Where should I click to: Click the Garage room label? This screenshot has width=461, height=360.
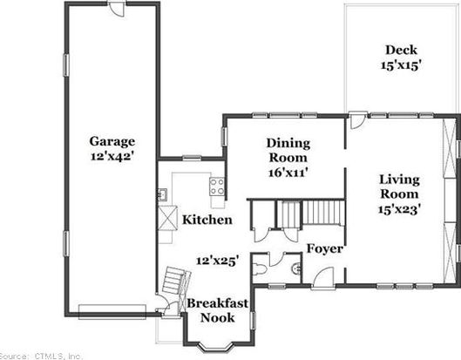(112, 142)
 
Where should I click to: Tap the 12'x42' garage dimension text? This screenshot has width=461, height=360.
(112, 156)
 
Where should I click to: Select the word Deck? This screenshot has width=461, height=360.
(401, 50)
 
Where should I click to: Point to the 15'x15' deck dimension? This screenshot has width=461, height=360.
(399, 65)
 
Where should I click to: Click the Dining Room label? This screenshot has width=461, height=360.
(288, 150)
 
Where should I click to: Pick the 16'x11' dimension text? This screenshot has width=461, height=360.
(288, 172)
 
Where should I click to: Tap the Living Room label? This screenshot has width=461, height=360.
(399, 187)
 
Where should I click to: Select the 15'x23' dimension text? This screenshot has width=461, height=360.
(399, 209)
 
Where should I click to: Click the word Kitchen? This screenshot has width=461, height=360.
(207, 220)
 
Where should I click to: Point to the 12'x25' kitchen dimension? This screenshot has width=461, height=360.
(217, 261)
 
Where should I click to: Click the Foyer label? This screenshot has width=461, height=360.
(325, 248)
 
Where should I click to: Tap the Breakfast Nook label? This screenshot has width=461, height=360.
(218, 310)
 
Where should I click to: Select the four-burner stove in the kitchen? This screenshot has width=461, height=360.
(217, 187)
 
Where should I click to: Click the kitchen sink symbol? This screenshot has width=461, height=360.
(162, 194)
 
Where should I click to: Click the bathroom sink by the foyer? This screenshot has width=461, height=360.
(296, 268)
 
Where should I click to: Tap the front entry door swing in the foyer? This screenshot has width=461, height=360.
(322, 278)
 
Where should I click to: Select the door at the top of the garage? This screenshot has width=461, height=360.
(117, 8)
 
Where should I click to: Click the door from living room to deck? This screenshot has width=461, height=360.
(358, 120)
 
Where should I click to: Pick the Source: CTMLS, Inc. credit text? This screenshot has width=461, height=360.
(41, 356)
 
